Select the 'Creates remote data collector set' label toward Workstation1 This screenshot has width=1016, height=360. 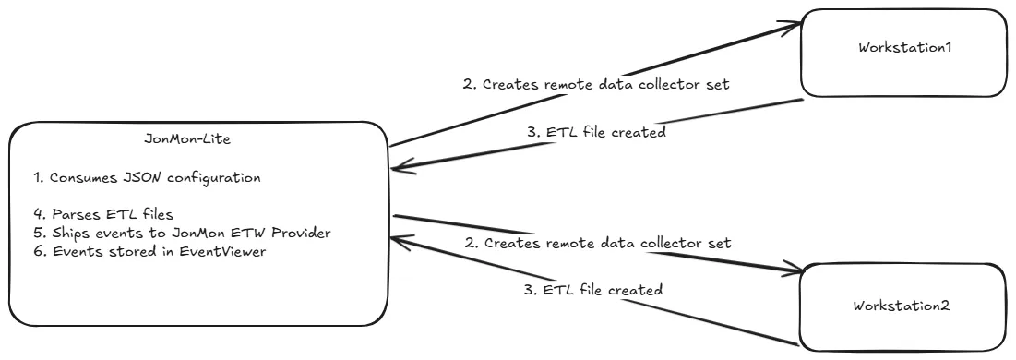click(597, 84)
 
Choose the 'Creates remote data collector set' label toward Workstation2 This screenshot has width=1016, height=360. click(597, 243)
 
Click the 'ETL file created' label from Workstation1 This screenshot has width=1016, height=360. click(597, 132)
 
